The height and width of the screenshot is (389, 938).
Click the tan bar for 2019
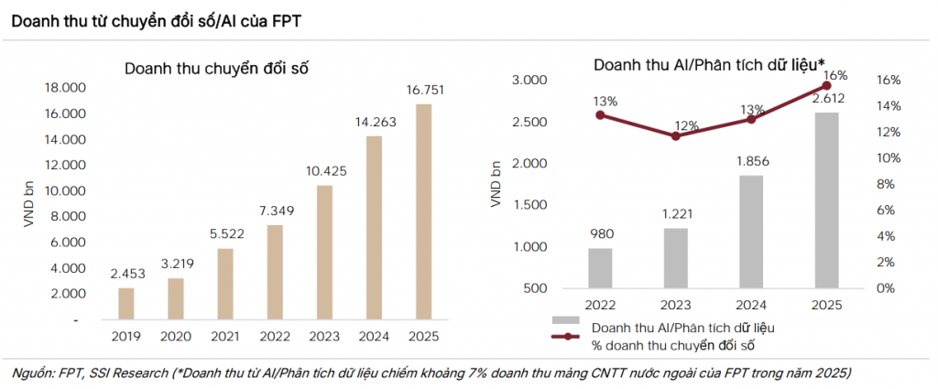point(126,304)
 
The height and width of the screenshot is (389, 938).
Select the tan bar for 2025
point(423,212)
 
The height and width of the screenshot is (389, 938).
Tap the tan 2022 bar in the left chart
point(275,273)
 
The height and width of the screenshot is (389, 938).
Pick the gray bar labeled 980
point(600,268)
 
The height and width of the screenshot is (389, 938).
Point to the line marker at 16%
point(827,86)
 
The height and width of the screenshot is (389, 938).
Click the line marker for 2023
point(676,136)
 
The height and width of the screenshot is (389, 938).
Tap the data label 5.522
point(225,236)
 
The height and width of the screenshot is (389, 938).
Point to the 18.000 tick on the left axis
point(66,89)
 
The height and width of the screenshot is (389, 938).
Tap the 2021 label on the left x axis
point(225,337)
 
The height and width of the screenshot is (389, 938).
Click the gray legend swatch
point(565,321)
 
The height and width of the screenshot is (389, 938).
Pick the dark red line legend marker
point(565,337)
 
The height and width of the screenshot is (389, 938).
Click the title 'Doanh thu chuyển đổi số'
point(216,68)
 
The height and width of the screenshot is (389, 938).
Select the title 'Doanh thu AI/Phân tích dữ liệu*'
point(709,65)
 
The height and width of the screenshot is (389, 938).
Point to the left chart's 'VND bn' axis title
point(29,204)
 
